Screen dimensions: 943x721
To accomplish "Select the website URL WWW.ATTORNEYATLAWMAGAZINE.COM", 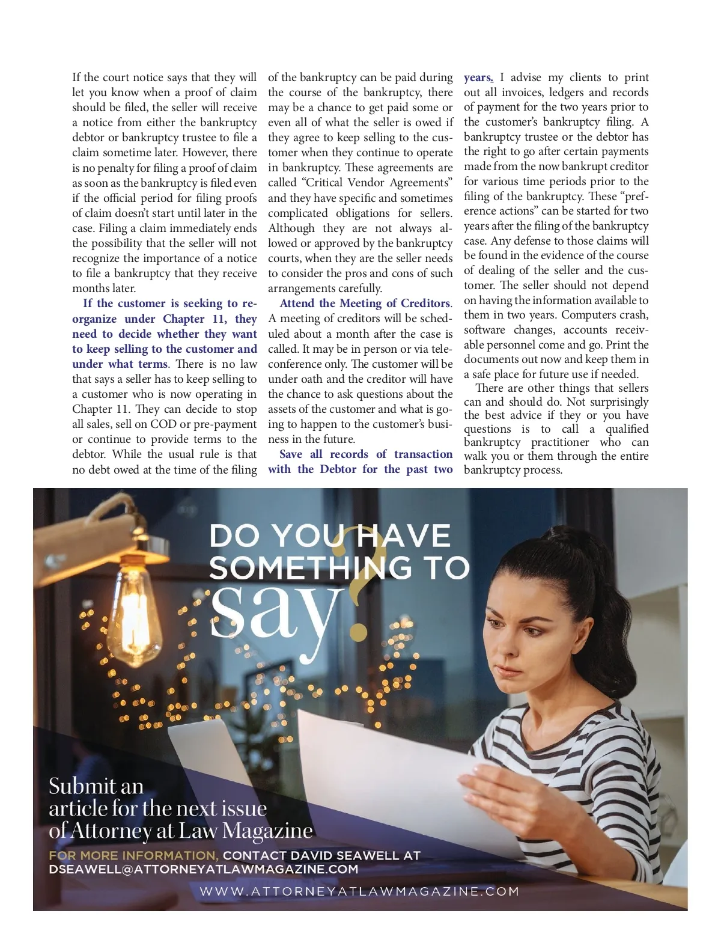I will [359, 891].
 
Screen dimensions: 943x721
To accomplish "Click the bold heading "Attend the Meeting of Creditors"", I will [365, 304].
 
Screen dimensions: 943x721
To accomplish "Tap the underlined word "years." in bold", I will [478, 78].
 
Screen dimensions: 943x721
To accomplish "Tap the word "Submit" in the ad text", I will [82, 786].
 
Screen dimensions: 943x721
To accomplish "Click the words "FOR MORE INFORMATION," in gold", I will [133, 855].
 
